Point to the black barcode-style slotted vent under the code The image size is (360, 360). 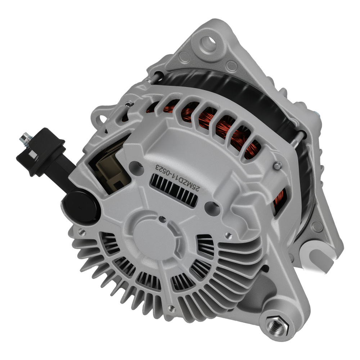click(174, 189)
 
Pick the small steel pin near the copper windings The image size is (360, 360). click(278, 165)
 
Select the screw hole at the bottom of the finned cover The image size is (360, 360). click(172, 309)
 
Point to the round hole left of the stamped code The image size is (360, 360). click(135, 165)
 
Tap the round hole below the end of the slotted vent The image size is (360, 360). click(211, 208)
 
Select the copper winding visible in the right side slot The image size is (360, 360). click(279, 202)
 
